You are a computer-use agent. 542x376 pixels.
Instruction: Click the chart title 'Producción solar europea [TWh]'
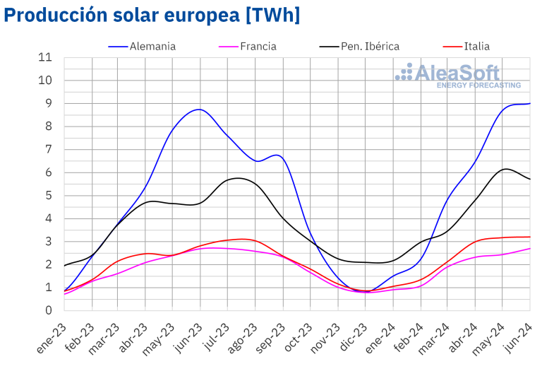(152, 15)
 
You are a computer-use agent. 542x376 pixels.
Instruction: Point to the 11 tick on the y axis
(46, 57)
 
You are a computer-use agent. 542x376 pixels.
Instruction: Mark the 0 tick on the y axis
(48, 310)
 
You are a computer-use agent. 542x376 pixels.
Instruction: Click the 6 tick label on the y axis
(48, 172)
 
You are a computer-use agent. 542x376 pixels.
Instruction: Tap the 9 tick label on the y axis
(48, 103)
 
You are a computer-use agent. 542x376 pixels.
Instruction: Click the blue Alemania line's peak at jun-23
(200, 110)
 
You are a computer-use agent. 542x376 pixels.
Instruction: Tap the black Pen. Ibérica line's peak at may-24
(504, 169)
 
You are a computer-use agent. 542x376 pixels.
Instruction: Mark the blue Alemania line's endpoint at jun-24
(530, 103)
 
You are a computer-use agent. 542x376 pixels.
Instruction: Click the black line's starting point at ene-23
(64, 266)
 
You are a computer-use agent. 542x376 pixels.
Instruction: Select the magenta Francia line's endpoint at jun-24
(530, 248)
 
